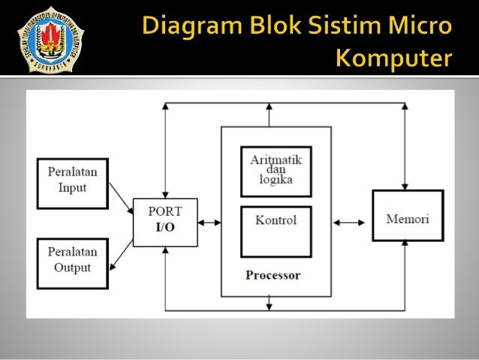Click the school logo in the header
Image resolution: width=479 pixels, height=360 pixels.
tap(52, 38)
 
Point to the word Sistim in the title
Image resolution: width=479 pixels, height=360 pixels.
tap(345, 29)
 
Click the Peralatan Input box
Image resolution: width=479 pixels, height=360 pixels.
tap(72, 182)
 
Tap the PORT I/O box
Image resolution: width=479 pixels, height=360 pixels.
tap(165, 222)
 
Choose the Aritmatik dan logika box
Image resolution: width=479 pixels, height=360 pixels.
tap(276, 171)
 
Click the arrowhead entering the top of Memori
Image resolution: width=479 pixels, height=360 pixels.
tap(406, 185)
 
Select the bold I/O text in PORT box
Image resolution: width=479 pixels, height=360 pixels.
tap(165, 228)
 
